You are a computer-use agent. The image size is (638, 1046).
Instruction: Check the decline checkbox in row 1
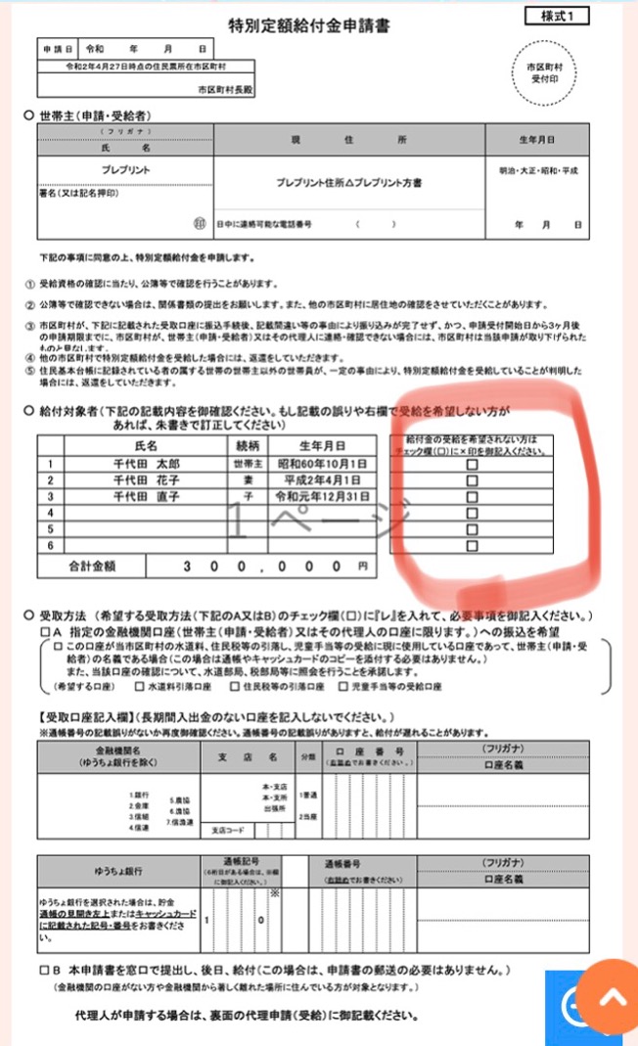point(473,466)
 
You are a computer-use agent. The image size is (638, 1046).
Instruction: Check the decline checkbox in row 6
point(473,546)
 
